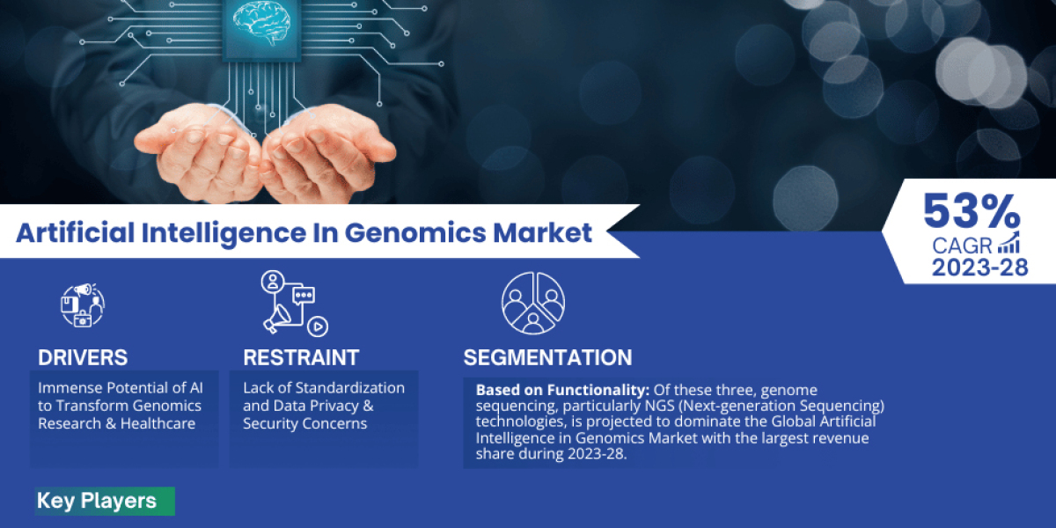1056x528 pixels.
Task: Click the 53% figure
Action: pyautogui.click(x=972, y=213)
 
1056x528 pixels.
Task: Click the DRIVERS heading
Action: pyautogui.click(x=83, y=357)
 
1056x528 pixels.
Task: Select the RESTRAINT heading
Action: pyautogui.click(x=301, y=357)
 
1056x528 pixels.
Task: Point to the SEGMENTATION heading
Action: pyautogui.click(x=547, y=357)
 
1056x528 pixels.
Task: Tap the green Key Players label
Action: pyautogui.click(x=97, y=502)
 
